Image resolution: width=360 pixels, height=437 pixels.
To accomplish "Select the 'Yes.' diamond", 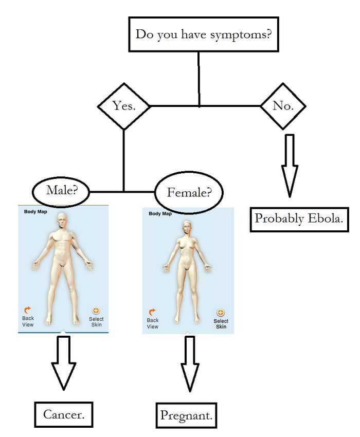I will (123, 106).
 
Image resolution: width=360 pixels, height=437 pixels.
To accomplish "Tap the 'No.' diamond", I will (283, 106).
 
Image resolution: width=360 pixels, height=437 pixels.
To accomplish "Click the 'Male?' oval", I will (61, 191).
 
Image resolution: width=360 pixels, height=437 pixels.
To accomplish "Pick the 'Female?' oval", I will (188, 193).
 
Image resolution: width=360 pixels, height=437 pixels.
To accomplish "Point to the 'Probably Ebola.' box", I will (299, 218).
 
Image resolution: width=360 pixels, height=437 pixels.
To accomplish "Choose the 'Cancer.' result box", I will (64, 414).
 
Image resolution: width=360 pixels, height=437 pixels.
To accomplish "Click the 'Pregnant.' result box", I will (186, 415).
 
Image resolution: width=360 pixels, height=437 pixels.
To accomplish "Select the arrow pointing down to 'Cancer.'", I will (64, 362).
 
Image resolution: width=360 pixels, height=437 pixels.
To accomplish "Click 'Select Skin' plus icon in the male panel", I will (96, 311).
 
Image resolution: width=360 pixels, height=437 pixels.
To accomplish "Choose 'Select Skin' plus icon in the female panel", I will (221, 313).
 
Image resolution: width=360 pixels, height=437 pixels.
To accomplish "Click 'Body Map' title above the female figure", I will (160, 213).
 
